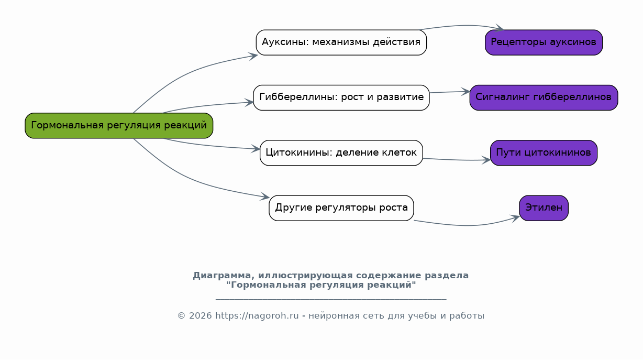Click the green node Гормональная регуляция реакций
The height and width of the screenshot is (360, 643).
point(119,126)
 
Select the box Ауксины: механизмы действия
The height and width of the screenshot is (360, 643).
point(341,42)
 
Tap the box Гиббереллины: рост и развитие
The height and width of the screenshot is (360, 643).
point(341,97)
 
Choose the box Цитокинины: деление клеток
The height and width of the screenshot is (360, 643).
point(341,153)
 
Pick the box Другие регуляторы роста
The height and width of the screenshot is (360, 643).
point(341,208)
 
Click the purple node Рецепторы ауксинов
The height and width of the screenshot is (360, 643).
point(544,42)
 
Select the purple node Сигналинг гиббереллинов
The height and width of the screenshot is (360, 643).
point(544,97)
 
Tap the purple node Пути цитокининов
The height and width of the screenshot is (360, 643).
point(544,153)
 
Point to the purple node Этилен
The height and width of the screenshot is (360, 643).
point(544,208)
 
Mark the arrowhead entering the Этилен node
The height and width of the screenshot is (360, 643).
point(515,219)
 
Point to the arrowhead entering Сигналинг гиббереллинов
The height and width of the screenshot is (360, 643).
point(465,92)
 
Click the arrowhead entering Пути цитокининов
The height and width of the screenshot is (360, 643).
point(486,160)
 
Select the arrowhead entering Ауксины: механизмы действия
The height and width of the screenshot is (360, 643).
point(253,56)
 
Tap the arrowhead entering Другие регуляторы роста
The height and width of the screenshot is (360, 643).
point(264,197)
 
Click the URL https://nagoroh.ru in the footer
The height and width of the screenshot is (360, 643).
point(257,316)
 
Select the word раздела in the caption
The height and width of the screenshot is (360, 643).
point(447,276)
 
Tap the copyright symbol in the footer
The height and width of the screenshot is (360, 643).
point(181,316)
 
